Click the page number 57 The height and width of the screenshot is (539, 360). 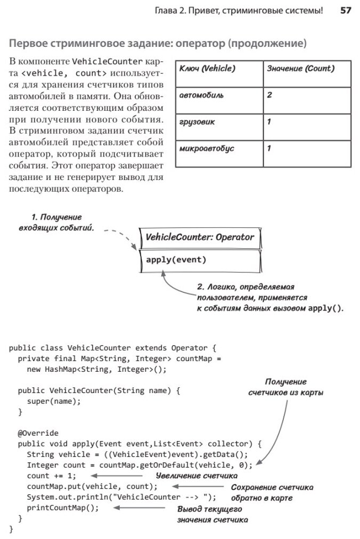pyautogui.click(x=345, y=10)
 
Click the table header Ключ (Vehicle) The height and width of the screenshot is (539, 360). pyautogui.click(x=207, y=69)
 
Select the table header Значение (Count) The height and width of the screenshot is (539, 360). pyautogui.click(x=300, y=69)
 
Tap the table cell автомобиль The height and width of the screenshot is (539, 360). pyautogui.click(x=201, y=95)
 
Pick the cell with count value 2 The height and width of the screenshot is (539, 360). pyautogui.click(x=270, y=95)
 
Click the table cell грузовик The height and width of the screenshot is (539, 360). pyautogui.click(x=198, y=121)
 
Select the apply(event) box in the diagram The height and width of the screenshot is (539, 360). pyautogui.click(x=176, y=260)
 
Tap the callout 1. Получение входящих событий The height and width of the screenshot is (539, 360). pyautogui.click(x=55, y=223)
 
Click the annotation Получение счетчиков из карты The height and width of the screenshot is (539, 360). pyautogui.click(x=286, y=387)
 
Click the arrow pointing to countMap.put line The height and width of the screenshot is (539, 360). pyautogui.click(x=195, y=486)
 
